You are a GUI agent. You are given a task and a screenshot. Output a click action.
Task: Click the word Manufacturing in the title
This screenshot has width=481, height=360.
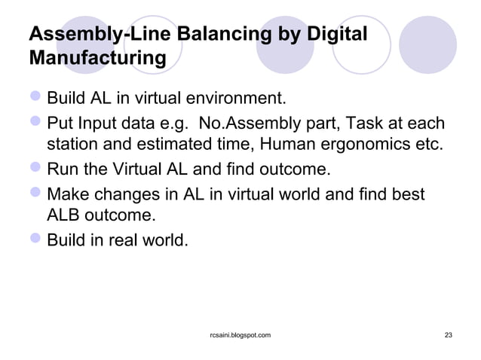(97, 57)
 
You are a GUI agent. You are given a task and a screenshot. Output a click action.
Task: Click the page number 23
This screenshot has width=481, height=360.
(449, 334)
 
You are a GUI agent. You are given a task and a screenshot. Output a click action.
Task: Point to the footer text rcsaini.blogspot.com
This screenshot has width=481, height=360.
(240, 334)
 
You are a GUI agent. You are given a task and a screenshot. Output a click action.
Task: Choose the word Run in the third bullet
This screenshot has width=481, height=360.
(61, 171)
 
